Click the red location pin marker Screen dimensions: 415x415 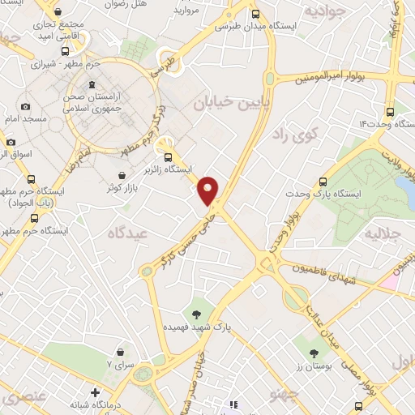click(209, 190)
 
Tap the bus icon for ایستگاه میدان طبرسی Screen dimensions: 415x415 click(256, 14)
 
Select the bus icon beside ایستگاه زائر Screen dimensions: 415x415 click(168, 157)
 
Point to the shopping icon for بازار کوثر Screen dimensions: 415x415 click(122, 175)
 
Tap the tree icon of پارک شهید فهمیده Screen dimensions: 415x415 click(196, 313)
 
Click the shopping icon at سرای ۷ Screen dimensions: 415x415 click(120, 352)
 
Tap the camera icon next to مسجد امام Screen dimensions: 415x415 click(25, 107)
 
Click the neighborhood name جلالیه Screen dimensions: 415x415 click(383, 235)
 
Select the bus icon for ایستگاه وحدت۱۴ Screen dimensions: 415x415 click(390, 112)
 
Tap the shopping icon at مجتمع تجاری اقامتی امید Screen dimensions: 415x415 click(58, 13)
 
